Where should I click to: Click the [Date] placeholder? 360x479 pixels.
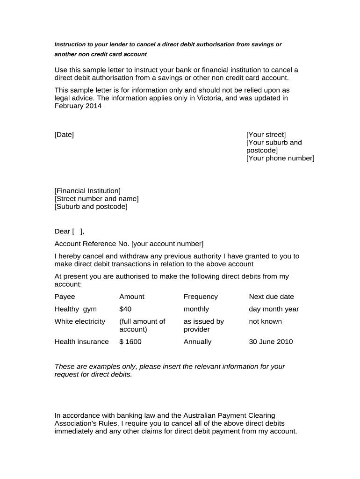point(64,135)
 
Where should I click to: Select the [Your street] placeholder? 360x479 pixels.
point(266,135)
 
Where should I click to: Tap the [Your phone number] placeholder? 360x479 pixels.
point(280,158)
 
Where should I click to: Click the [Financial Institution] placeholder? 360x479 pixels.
point(87,191)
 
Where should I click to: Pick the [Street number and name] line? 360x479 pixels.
point(96,199)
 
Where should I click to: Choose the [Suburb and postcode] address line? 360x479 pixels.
point(91,206)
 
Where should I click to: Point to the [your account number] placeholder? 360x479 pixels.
point(167,244)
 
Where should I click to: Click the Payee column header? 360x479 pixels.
point(65,297)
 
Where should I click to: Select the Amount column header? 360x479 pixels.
point(132,297)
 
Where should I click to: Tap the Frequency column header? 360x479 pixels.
point(201,297)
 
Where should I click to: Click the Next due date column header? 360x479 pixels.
point(271,297)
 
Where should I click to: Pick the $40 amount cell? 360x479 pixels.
point(125,309)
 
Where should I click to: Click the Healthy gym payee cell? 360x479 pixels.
point(76,309)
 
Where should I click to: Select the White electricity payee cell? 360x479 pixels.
point(80,321)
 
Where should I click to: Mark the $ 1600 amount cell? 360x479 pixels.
point(130,342)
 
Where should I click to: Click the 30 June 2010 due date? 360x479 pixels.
point(271,342)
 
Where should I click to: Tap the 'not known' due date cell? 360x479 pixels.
point(265,321)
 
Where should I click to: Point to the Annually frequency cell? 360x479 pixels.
point(197,342)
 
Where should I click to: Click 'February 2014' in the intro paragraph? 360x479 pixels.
point(78,106)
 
